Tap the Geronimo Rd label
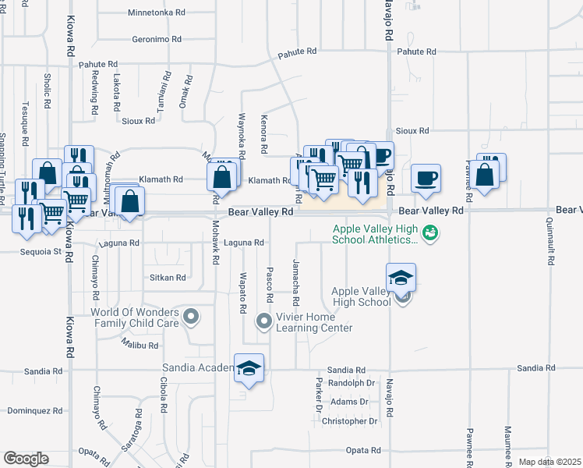coord(157,39)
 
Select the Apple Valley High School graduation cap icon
coord(401,278)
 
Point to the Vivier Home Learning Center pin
coord(263,320)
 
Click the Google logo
coord(26,459)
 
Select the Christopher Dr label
coord(349,421)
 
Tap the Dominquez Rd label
coord(34,410)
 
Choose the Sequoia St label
coord(41,252)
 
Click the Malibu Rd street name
coord(140,343)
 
